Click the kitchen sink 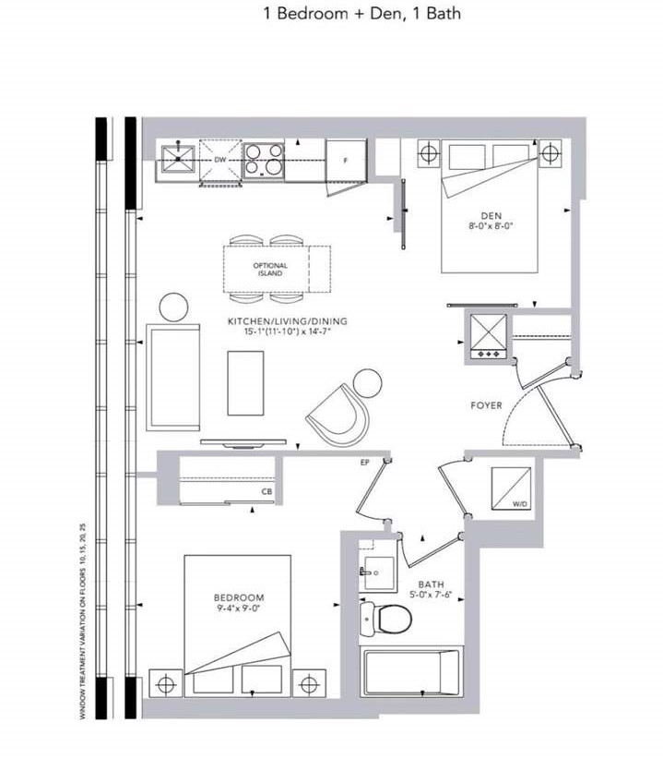coord(177,159)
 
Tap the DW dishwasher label coord(219,160)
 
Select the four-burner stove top coord(264,161)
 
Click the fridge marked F coord(346,161)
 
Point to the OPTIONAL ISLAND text coord(270,269)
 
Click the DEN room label coord(491,215)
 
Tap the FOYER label coord(486,405)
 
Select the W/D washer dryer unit coord(511,488)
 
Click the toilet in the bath coord(386,618)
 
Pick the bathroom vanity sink coord(378,572)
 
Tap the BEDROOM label coord(239,597)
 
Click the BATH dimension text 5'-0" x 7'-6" coord(430,595)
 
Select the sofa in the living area coord(173,378)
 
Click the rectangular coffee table coord(245,383)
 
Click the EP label coord(365,463)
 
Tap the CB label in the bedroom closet coord(266,491)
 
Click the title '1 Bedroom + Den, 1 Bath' coord(362,14)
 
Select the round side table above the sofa coord(173,307)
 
